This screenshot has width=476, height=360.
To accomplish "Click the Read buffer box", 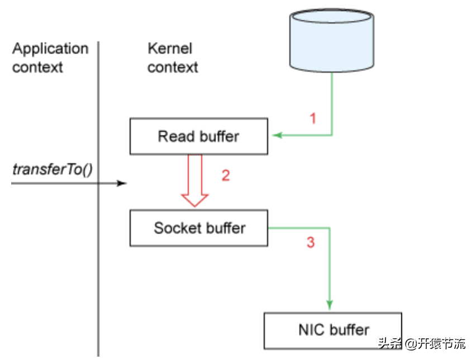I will point(199,136).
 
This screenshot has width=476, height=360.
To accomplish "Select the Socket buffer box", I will point(199,228).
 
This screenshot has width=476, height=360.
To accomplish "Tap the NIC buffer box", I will point(333,330).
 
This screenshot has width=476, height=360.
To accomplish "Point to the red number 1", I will point(313,119).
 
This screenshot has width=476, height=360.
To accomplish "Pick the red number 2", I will point(225,176).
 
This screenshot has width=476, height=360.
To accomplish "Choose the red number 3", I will point(311,243).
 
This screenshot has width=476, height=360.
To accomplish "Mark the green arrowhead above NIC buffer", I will point(329,305).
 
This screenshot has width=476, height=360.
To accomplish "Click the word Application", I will point(50,49).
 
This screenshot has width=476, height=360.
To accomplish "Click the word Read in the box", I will point(173,136).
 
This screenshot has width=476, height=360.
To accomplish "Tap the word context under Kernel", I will point(173,68).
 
